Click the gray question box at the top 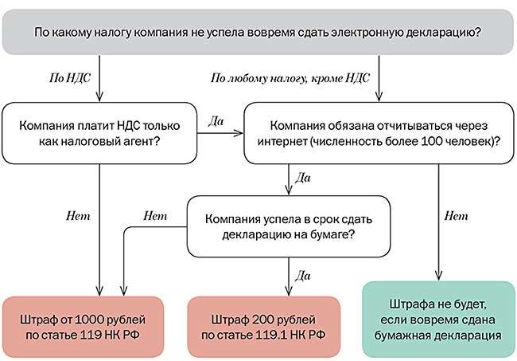[258, 33]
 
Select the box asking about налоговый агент [99, 132]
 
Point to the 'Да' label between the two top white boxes [216, 122]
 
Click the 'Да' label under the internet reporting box [302, 177]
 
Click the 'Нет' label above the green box [456, 216]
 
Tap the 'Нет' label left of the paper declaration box [154, 216]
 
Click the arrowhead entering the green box [437, 275]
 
